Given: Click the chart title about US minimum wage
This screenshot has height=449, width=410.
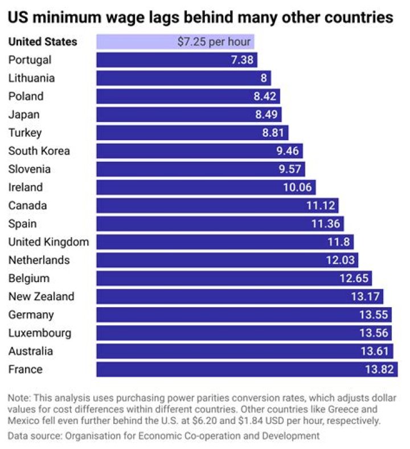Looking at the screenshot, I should coord(200,18).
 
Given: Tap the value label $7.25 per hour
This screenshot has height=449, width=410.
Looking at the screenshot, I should coord(214,42).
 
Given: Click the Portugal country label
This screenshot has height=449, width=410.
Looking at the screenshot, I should coord(30,60).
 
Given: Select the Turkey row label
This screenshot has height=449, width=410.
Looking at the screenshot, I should coord(25,133).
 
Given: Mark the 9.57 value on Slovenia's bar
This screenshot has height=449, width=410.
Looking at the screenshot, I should coord(291,169).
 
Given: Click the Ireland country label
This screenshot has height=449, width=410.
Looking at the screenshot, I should coord(26,187).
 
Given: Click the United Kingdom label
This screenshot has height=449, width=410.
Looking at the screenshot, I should coord(48,242).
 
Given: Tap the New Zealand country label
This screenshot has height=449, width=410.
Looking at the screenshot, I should coord(41,297).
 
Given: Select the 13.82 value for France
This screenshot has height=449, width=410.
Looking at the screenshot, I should coord(379,370).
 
